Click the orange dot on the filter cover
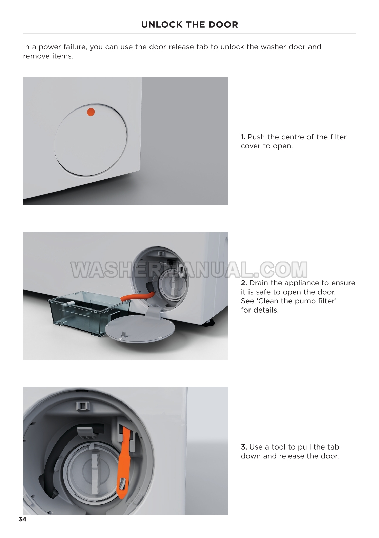[x=91, y=112]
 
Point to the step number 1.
[x=243, y=137]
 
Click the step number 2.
[x=244, y=283]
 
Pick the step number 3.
[x=244, y=447]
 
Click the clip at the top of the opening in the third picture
[x=82, y=406]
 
